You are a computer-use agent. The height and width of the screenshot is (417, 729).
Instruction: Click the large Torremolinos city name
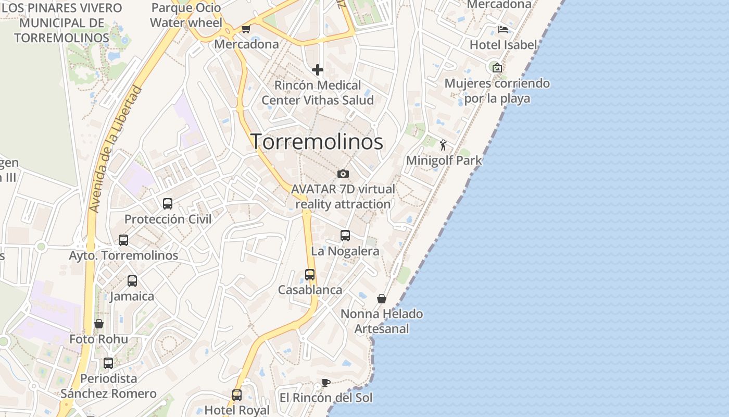318,142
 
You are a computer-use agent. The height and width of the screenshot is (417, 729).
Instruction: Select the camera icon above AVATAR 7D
343,174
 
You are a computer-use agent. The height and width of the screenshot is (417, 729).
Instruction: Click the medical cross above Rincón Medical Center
318,70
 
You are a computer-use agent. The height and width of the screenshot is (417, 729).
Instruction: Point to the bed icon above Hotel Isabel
502,29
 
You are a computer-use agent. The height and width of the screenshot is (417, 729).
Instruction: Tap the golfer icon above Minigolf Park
443,145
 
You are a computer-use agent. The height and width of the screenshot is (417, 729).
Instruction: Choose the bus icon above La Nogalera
345,236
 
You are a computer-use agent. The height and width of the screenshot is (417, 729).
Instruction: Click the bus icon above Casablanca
310,274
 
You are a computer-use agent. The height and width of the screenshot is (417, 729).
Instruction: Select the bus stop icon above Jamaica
132,281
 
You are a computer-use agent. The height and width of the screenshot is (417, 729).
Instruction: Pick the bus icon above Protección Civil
168,204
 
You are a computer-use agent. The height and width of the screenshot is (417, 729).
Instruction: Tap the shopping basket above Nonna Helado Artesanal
382,299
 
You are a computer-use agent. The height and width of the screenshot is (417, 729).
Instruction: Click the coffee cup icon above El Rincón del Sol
325,383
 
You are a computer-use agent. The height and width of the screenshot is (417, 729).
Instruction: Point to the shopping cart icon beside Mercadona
246,29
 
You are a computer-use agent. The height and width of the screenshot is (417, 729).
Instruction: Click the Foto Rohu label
99,339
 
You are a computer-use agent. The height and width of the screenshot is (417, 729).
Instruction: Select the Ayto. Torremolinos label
123,256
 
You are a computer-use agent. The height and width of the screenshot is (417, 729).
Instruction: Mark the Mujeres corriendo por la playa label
497,91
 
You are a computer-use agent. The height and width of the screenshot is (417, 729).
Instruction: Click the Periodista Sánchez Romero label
108,386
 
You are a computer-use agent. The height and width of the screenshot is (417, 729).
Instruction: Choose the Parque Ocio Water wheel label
186,15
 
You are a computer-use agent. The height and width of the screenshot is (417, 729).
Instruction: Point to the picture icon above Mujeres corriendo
497,67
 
